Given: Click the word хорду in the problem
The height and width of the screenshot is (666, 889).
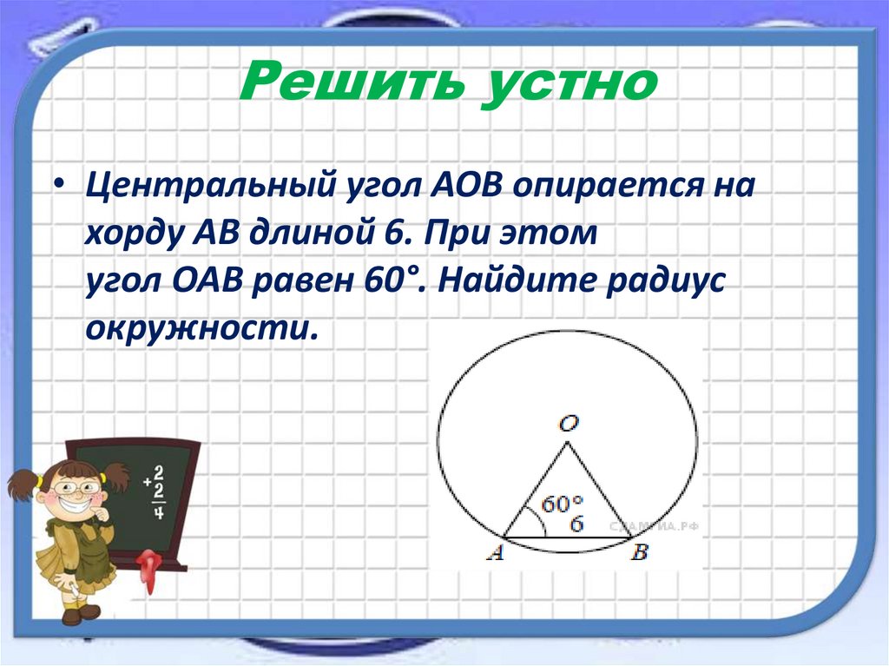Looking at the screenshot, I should coord(127,234).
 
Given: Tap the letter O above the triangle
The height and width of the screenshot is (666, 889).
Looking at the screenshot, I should coord(570,424).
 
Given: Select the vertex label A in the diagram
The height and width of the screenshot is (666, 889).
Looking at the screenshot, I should coord(496,553).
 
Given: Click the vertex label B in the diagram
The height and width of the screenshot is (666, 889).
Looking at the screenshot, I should coord(640,553).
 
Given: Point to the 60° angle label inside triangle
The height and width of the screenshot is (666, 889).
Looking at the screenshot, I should coord(563,504).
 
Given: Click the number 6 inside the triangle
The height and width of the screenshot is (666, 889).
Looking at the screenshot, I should coord(576,524).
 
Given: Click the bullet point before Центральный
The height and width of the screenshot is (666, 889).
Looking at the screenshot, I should coord(58,188).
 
